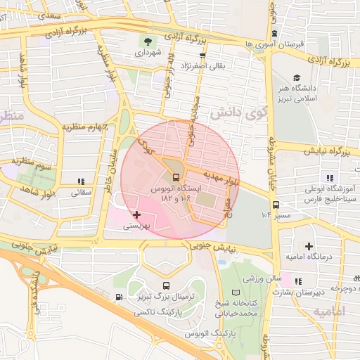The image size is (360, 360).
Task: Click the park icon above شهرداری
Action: coord(148,39)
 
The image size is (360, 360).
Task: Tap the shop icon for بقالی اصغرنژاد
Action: coord(202,54)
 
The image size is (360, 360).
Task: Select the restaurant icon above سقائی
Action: coord(81,180)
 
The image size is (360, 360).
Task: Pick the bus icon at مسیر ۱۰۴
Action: coord(276,206)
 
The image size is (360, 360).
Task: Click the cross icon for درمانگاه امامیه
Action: coord(308,245)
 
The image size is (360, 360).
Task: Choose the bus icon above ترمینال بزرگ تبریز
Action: coord(166,285)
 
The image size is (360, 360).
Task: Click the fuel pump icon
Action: coord(118,297)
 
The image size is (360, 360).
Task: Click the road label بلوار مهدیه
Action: coord(221,173)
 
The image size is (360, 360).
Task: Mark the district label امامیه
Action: coord(329,310)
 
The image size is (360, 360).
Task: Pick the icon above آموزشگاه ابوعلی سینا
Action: coord(328,177)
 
